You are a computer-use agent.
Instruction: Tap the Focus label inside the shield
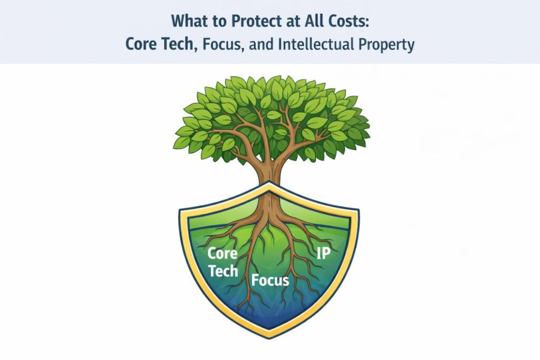[270, 279]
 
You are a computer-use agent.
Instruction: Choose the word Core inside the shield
[222, 253]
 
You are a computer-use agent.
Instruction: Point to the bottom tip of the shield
[270, 333]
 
